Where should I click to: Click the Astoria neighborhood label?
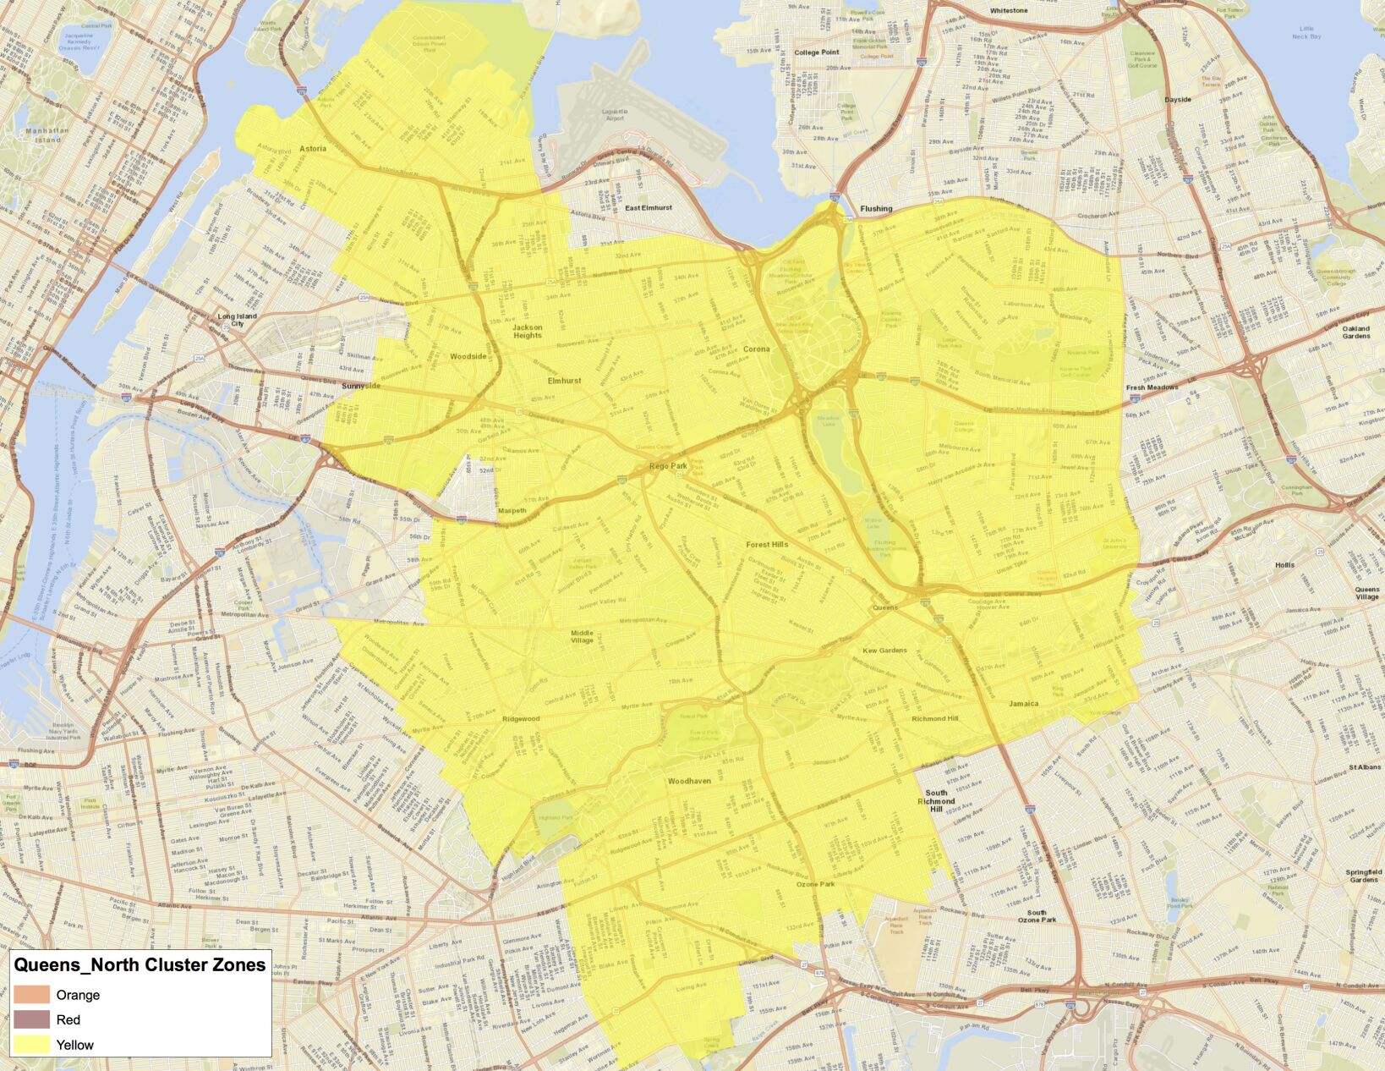coord(313,149)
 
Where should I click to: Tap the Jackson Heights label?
coord(528,331)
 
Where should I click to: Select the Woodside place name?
coord(468,356)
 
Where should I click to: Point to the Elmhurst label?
coord(564,381)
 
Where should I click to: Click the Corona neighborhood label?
coord(756,349)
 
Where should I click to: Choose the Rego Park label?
coord(668,466)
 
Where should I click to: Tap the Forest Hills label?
coord(767,545)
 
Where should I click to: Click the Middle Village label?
coord(582,636)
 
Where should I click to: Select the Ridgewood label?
coord(521,719)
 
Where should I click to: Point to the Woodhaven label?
coord(689,781)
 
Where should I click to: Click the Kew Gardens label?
coord(884,651)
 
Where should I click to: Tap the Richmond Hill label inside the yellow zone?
coord(934,718)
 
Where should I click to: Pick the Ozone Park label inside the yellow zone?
coord(815,884)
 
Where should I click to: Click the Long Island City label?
coord(238,320)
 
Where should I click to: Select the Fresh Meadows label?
coord(1152,387)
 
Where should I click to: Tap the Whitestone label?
coord(1008,11)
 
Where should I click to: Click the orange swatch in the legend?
coord(31,995)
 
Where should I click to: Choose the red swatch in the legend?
coord(31,1019)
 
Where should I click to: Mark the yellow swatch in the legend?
coord(31,1045)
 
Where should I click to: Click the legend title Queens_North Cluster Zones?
coord(140,965)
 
